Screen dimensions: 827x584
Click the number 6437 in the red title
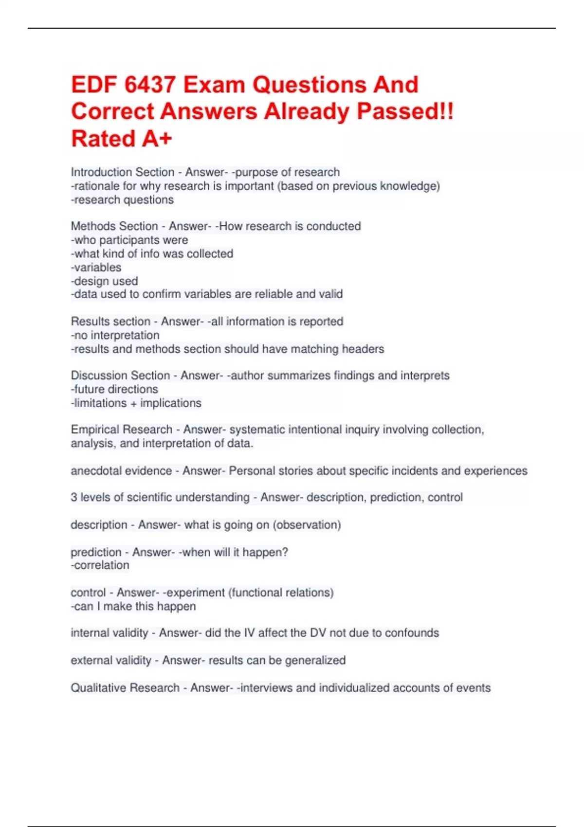pos(150,85)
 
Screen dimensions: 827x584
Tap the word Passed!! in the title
pos(405,111)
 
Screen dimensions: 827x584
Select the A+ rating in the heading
pos(157,139)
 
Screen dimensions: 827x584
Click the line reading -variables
pos(96,267)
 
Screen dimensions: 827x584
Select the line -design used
pos(104,281)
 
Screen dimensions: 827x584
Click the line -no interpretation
pos(115,335)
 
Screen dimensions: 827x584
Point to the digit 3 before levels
pos(74,497)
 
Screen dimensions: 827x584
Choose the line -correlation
pos(100,565)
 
